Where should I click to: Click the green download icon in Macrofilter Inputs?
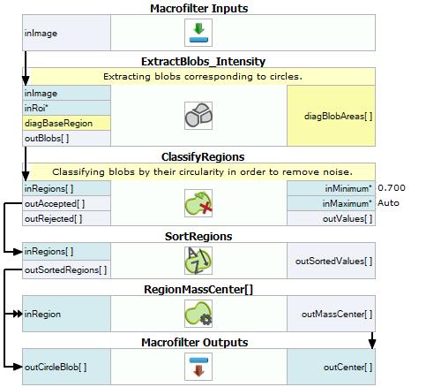pos(198,33)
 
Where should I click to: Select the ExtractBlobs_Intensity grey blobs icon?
pos(198,116)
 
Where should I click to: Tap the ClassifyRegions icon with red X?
pos(198,203)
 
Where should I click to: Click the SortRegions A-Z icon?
pos(198,261)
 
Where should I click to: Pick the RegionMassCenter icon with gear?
pos(198,314)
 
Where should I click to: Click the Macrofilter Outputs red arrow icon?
pos(198,367)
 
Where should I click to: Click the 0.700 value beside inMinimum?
pos(392,188)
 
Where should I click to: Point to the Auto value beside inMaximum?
pos(388,203)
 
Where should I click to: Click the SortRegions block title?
pos(198,236)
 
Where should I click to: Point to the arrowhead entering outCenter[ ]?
pos(372,344)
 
